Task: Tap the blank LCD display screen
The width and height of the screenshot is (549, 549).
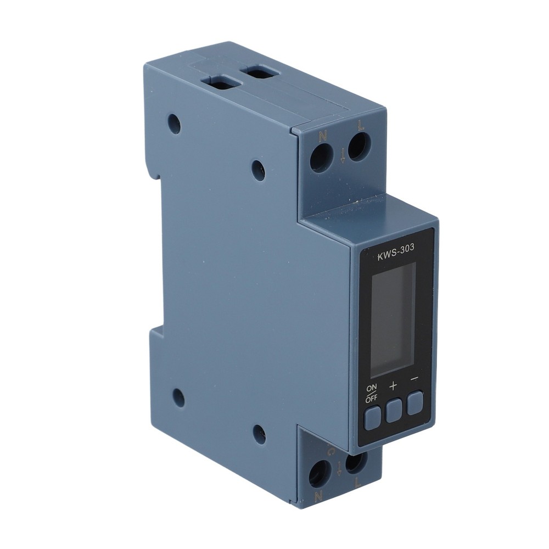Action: click(x=393, y=319)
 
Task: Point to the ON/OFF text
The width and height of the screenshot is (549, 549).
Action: click(x=372, y=395)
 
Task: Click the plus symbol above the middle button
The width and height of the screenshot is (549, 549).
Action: click(x=393, y=385)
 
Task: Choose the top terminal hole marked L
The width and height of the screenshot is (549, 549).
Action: click(x=359, y=147)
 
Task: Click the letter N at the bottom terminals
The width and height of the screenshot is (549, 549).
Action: click(x=317, y=496)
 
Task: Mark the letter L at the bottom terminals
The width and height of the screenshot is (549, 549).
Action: click(x=357, y=484)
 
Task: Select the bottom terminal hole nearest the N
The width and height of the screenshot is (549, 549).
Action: click(x=320, y=473)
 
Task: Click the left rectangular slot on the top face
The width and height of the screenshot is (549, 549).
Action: click(x=221, y=83)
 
